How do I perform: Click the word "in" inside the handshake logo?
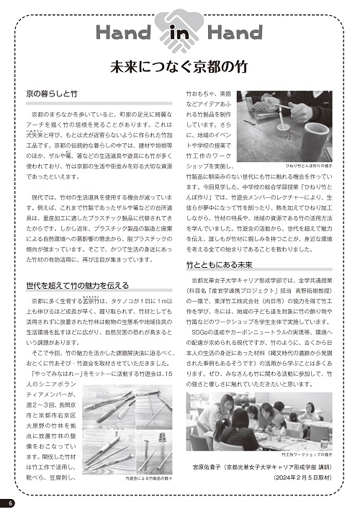[178, 33]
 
